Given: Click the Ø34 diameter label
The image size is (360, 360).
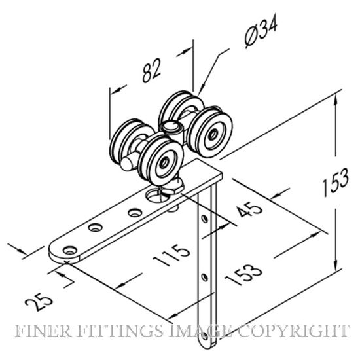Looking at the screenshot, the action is point(261,31).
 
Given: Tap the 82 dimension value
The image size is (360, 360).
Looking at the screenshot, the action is point(151,70).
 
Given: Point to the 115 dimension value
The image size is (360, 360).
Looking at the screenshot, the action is point(171,255).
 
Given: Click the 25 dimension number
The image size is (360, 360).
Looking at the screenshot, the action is point(39,302).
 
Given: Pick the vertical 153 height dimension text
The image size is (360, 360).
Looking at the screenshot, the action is point(335,183).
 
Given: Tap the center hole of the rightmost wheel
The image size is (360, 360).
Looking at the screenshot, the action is point(213,134).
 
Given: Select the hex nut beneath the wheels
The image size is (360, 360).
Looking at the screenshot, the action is point(173,185).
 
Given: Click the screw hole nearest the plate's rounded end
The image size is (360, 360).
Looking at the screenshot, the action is point(69,250).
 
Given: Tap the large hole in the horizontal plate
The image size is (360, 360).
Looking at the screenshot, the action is point(157,195).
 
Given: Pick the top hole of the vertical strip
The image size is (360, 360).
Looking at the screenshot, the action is point(204,219).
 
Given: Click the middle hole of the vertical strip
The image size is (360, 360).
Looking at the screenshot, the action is point(204,277).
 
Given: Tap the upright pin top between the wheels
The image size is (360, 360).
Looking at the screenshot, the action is point(170,127).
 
